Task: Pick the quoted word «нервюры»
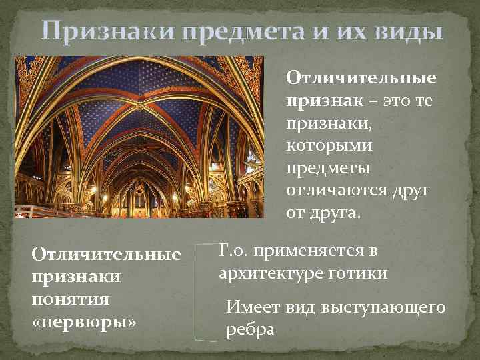click(83, 322)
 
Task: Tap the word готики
click(357, 274)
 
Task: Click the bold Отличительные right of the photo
click(361, 79)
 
